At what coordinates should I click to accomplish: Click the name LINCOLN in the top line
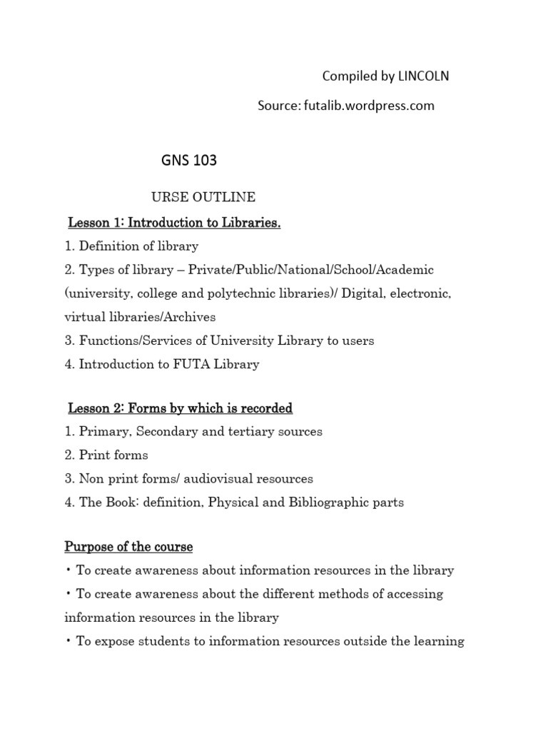click(420, 76)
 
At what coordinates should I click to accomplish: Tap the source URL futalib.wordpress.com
click(368, 106)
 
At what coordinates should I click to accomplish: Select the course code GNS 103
click(188, 161)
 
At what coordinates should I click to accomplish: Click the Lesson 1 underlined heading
click(174, 223)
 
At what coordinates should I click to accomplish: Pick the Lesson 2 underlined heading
click(180, 408)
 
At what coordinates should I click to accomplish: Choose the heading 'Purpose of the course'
click(128, 547)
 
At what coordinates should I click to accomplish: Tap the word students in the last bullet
click(161, 641)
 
